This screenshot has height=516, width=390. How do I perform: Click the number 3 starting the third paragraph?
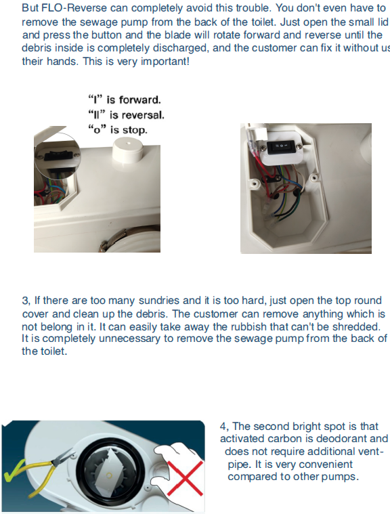pyautogui.click(x=25, y=301)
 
